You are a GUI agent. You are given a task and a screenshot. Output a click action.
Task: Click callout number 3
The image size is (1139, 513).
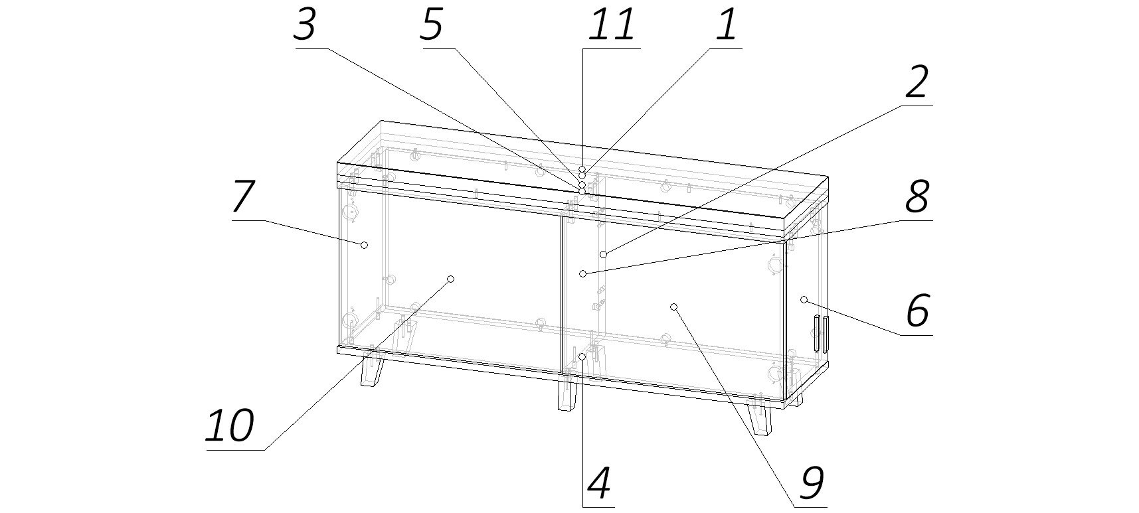(x=305, y=25)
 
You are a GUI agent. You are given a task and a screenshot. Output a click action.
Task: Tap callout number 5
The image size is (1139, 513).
(x=432, y=25)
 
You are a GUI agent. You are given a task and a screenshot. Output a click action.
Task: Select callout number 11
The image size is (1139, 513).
(x=612, y=25)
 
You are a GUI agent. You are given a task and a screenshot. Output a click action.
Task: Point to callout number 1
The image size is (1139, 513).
(x=727, y=25)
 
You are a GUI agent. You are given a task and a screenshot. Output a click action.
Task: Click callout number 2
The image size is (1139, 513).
(x=917, y=83)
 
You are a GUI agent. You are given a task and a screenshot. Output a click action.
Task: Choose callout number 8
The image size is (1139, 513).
(x=917, y=197)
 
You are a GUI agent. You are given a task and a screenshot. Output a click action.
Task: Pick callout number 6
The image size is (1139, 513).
(x=918, y=311)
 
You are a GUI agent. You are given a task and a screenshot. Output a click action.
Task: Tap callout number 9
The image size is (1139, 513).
(x=812, y=483)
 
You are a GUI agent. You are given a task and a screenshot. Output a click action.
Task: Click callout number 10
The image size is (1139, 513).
(x=230, y=425)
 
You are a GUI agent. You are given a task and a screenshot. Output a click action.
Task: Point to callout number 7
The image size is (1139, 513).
(x=243, y=197)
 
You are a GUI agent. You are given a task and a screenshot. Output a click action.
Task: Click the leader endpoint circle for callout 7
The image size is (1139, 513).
(x=364, y=245)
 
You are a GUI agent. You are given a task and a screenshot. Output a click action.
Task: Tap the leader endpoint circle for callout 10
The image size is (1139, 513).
(x=450, y=279)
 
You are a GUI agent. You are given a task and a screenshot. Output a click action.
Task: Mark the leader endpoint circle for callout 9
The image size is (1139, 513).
(x=673, y=307)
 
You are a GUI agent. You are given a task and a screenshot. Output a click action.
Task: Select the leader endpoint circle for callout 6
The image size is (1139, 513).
(x=804, y=300)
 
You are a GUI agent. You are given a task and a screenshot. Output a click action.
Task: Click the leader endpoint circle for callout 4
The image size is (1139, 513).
(x=582, y=357)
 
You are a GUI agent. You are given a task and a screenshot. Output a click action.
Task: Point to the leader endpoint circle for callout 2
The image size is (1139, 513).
(x=603, y=254)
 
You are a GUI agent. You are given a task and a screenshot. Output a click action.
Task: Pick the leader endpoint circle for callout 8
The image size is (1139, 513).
(x=582, y=273)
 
